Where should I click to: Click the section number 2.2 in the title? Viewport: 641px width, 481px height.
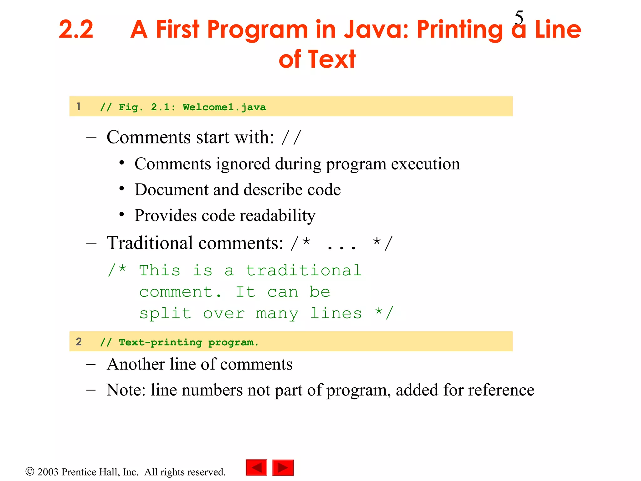coord(76,29)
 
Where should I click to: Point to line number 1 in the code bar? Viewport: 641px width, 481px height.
coord(79,106)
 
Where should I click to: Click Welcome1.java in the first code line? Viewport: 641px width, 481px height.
coord(224,107)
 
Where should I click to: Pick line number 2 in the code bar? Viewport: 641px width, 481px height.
coord(79,342)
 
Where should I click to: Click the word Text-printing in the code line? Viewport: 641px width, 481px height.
coord(160,343)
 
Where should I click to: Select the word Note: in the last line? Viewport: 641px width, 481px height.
coord(126,390)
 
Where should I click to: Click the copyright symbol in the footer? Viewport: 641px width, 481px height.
coord(30,471)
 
